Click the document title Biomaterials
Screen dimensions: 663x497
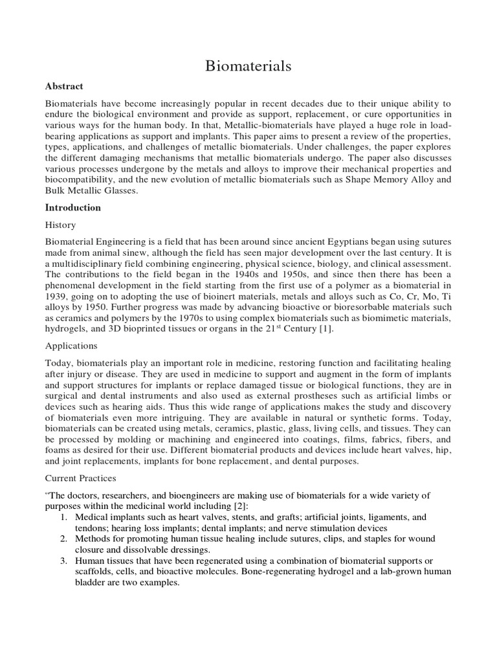(x=248, y=65)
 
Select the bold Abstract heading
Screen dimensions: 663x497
(x=64, y=86)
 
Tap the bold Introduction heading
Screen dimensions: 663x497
(x=72, y=208)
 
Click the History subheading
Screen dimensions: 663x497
(x=60, y=225)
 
